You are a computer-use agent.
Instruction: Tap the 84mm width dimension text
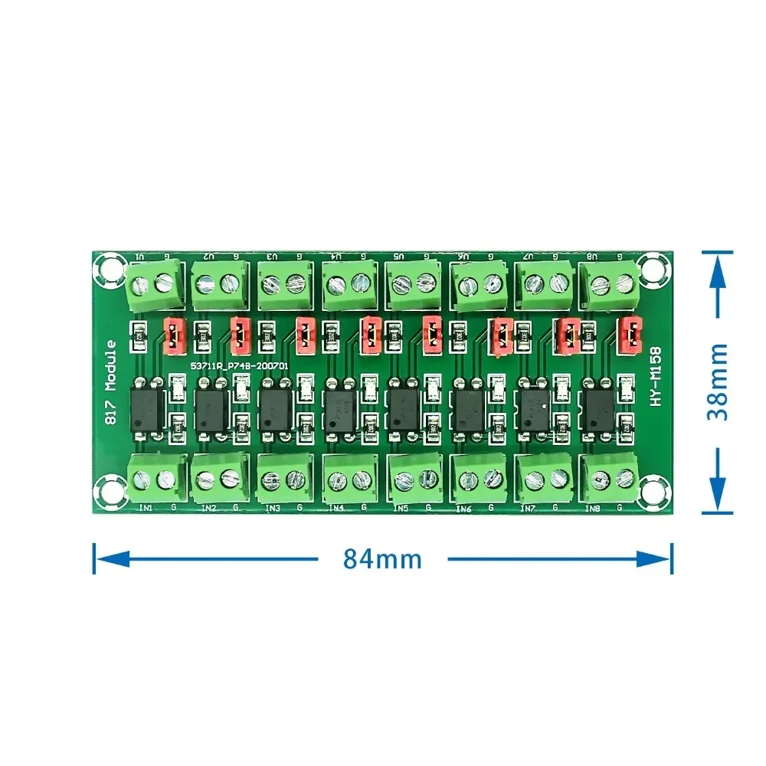click(x=382, y=558)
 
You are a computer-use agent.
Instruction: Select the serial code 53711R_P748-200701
click(x=239, y=367)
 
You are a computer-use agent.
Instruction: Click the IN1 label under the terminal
click(x=144, y=506)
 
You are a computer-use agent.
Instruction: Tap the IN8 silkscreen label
click(x=592, y=507)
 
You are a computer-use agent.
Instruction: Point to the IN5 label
click(x=401, y=507)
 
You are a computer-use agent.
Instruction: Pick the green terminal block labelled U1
click(x=153, y=283)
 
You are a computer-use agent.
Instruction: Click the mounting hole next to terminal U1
click(x=106, y=269)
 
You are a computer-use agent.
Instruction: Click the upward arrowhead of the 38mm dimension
click(x=719, y=264)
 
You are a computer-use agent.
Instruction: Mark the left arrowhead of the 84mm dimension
click(x=104, y=558)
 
